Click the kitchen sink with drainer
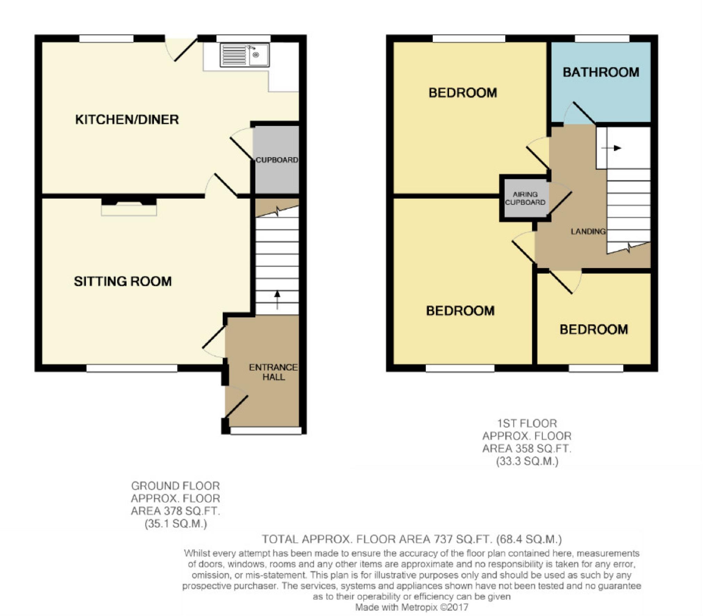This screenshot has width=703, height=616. coord(244,55)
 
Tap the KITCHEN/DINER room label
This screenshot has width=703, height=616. coord(127,120)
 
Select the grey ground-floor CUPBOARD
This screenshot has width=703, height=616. coord(277,160)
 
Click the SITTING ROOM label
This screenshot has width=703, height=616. coord(123,281)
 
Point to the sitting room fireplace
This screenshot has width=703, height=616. coord(129,206)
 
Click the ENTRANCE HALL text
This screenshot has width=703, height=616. coord(273,372)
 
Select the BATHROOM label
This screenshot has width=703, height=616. coord(601,72)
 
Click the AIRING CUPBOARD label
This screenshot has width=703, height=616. coord(525,198)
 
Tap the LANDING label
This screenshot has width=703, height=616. coord(588,231)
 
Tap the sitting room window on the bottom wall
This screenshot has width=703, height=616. coord(132,368)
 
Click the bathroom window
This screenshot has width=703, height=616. coord(602,38)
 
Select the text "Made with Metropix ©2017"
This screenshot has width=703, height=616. coord(411,607)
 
